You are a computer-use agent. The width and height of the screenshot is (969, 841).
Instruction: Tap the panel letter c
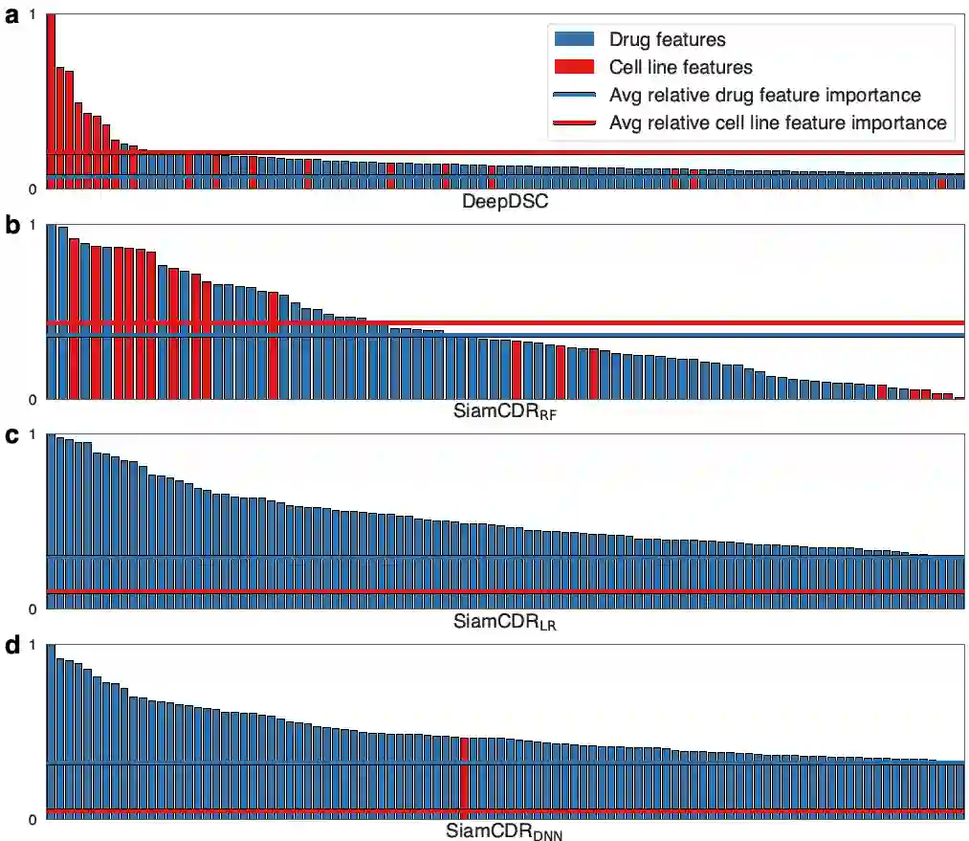click(11, 436)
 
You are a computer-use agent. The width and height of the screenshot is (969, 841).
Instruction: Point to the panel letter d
click(11, 646)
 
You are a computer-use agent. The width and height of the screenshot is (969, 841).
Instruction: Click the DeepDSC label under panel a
click(505, 202)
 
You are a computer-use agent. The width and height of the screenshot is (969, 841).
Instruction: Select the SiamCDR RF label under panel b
click(505, 413)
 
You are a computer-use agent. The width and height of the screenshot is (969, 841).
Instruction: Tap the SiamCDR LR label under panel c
click(505, 623)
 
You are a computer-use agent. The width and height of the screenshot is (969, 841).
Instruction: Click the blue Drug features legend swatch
click(575, 40)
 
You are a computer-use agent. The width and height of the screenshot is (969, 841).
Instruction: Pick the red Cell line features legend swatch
click(575, 67)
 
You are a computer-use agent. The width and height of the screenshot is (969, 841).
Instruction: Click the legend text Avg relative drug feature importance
click(764, 95)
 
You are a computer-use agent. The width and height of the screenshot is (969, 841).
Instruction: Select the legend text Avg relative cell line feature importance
click(778, 122)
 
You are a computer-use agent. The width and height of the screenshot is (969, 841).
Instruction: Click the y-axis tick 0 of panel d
click(35, 819)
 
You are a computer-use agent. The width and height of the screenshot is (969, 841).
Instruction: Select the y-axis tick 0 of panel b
click(35, 399)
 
